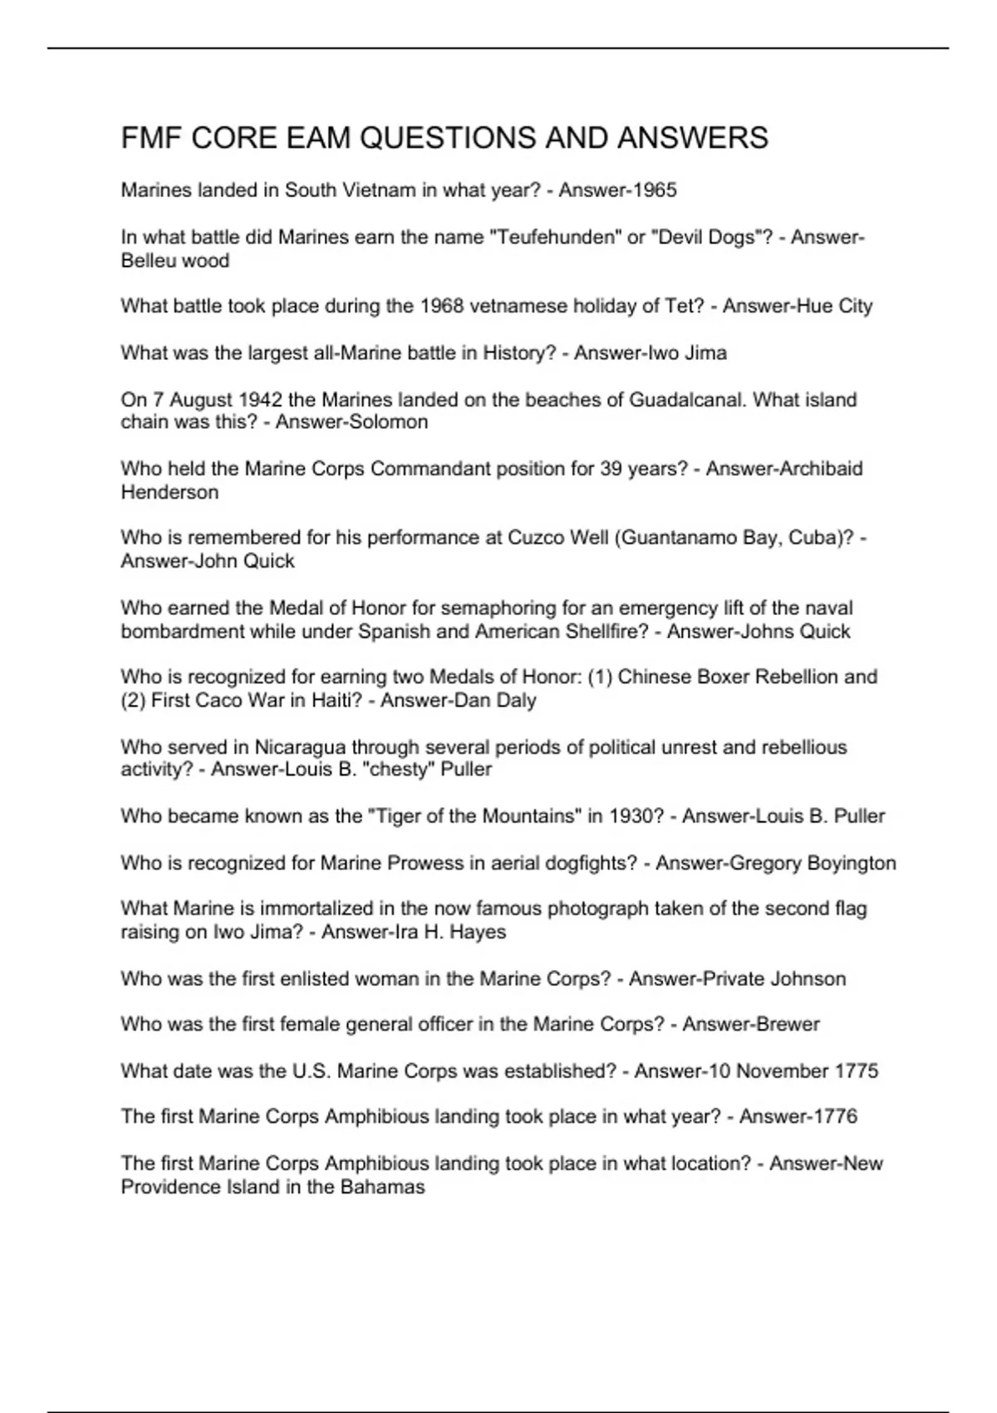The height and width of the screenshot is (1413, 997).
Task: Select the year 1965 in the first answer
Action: [655, 190]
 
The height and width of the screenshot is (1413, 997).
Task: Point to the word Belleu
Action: [150, 261]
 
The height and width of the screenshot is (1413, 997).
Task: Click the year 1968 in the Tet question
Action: [442, 307]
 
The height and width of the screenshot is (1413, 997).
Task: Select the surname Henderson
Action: [170, 492]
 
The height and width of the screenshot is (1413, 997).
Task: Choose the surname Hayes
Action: [478, 933]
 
